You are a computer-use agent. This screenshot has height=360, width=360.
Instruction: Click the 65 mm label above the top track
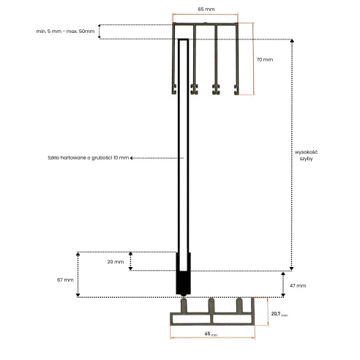tap(206, 10)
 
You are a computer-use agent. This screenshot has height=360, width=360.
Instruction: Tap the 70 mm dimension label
tap(265, 59)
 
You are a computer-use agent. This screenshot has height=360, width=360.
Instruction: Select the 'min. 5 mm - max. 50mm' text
tap(65, 31)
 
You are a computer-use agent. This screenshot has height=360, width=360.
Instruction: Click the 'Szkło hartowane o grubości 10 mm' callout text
tap(89, 158)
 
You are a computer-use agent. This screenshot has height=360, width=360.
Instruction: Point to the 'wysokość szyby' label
tap(306, 155)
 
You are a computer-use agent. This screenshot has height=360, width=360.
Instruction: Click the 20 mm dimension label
tap(116, 262)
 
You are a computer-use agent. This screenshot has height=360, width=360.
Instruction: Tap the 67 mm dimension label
tap(65, 280)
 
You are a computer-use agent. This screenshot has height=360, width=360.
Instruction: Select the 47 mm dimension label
tap(298, 285)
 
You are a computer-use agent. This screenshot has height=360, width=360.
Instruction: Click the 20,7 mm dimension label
tap(280, 314)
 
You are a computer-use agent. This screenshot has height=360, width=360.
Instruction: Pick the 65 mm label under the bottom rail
tap(211, 334)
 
